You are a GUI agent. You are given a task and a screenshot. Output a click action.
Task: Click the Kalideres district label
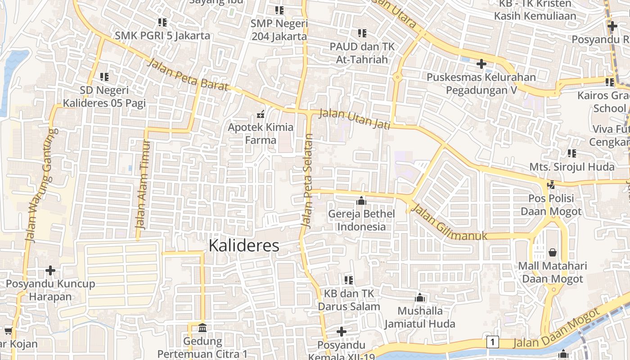click(244, 246)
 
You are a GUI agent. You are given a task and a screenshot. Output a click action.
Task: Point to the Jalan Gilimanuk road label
click(450, 223)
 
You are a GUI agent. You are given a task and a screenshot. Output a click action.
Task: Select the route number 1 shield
click(493, 342)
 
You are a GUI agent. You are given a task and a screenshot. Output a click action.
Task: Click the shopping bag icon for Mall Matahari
click(552, 252)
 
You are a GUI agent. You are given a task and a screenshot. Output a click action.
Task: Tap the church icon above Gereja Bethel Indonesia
click(361, 201)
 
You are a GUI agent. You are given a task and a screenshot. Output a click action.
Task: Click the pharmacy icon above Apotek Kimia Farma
click(260, 114)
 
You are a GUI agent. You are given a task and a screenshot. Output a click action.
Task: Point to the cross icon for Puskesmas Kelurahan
click(481, 64)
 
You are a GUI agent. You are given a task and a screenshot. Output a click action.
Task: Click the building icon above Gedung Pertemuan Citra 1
click(202, 328)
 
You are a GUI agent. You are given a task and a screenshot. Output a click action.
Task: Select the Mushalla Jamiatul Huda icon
click(420, 297)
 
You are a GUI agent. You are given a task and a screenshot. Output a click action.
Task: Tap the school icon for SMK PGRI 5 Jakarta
click(162, 22)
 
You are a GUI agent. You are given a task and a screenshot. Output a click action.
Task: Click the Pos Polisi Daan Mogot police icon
click(551, 184)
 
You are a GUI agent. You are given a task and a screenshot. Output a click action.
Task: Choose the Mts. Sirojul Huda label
click(571, 167)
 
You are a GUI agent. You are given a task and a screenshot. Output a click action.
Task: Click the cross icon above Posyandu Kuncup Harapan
click(50, 270)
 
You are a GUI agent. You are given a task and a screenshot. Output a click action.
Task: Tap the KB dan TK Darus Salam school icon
click(348, 280)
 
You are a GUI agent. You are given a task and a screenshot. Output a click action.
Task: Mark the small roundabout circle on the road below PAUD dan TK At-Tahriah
click(397, 77)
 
